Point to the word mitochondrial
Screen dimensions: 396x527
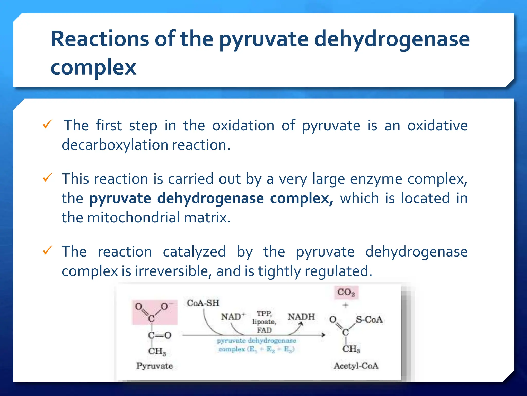pyautogui.click(x=133, y=217)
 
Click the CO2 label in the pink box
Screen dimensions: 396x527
pyautogui.click(x=346, y=292)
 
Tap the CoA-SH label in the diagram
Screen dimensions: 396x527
pyautogui.click(x=203, y=303)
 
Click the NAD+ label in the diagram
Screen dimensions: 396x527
pyautogui.click(x=233, y=316)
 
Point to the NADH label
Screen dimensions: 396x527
pyautogui.click(x=301, y=316)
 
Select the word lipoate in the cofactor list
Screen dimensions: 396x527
pyautogui.click(x=264, y=322)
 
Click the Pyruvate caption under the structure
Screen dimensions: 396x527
pyautogui.click(x=154, y=366)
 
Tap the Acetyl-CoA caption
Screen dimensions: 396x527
pyautogui.click(x=356, y=366)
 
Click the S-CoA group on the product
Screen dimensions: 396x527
pyautogui.click(x=369, y=320)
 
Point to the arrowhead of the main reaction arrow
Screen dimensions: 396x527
pyautogui.click(x=323, y=335)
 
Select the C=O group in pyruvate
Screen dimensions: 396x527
pyautogui.click(x=160, y=335)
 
